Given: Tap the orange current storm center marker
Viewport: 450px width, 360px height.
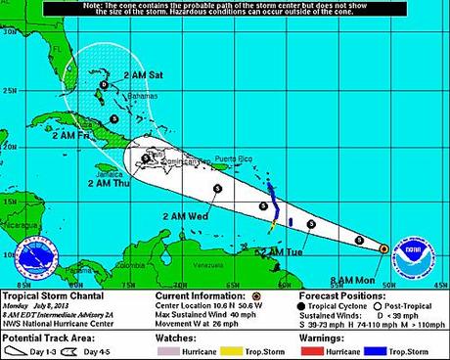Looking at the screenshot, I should [382, 248].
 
